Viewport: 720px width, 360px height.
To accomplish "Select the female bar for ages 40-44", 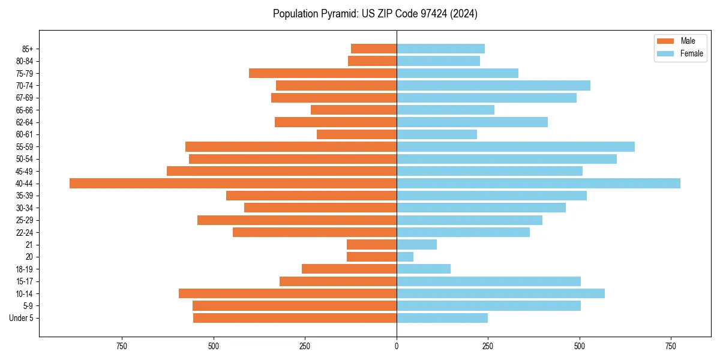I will [538, 184].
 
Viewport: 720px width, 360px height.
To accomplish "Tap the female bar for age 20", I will [405, 257].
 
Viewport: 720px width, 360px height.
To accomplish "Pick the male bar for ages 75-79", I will [323, 73].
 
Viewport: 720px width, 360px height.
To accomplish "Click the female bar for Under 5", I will [442, 318].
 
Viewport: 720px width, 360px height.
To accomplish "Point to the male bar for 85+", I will [374, 49].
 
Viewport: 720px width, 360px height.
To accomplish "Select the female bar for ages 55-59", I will [515, 147].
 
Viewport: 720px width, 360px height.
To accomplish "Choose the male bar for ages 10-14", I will [287, 293].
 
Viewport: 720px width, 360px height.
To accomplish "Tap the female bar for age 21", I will [416, 245].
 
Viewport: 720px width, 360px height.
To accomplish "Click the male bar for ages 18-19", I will [349, 269].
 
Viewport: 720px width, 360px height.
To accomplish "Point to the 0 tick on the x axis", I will [397, 346].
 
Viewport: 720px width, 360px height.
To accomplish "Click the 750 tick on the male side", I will [122, 346].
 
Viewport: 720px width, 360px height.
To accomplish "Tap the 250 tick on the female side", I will [488, 346].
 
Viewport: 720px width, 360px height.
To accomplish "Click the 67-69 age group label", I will [25, 98].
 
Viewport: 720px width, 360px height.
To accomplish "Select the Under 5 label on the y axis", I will [21, 318].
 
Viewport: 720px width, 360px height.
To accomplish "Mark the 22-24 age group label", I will [25, 233].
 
